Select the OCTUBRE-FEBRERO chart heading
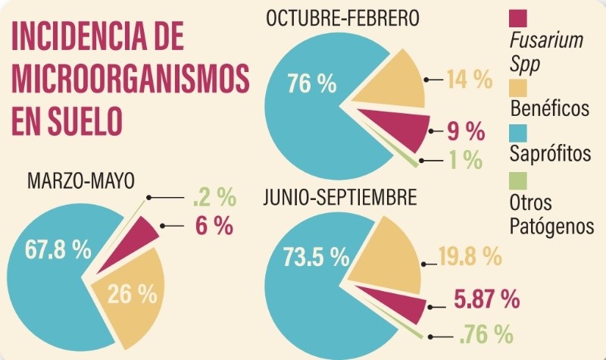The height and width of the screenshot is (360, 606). [x=342, y=17]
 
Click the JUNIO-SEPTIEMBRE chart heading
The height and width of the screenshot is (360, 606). [x=340, y=199]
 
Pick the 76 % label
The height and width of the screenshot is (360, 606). [x=311, y=83]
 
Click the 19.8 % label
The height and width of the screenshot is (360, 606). [x=470, y=257]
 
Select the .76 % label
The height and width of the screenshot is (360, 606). [x=486, y=333]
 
